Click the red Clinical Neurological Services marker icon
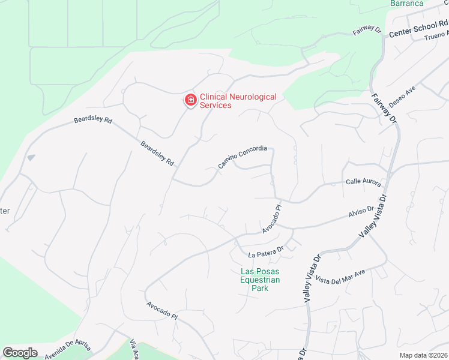click(190, 100)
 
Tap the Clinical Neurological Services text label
click(238, 101)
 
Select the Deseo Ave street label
click(402, 97)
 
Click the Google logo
click(20, 353)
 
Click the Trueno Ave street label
click(436, 37)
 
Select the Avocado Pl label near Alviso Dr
click(271, 220)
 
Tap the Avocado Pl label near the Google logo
click(163, 310)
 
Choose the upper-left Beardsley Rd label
click(93, 121)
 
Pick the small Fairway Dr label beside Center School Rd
click(367, 29)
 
